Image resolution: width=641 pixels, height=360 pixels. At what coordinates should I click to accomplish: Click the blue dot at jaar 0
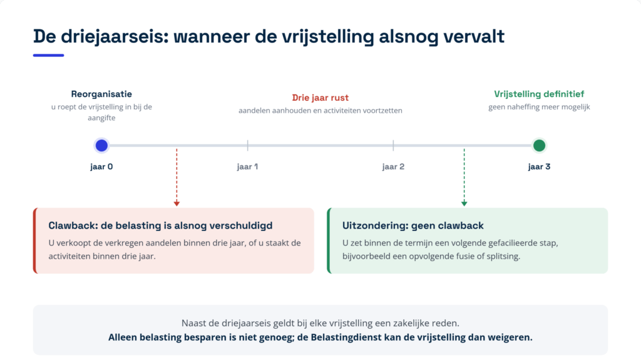(101, 145)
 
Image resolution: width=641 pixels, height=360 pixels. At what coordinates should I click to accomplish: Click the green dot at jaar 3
(539, 145)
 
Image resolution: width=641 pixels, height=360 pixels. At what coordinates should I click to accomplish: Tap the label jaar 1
(247, 167)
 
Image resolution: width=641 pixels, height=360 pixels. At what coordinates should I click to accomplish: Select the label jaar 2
(393, 167)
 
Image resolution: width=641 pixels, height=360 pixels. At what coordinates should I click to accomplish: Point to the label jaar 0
(101, 167)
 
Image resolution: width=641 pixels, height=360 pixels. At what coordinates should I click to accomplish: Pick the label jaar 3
(539, 167)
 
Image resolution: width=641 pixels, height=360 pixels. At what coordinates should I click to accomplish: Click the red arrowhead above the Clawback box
(177, 203)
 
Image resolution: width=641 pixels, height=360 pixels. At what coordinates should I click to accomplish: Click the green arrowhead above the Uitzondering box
(464, 203)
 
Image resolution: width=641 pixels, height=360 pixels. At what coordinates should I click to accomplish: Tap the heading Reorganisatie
(101, 94)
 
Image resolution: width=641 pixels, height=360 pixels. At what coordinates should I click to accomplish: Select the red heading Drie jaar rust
(320, 98)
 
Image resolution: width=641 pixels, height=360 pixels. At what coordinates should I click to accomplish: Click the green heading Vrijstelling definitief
(539, 94)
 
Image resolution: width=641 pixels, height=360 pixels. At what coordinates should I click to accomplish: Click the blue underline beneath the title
(49, 55)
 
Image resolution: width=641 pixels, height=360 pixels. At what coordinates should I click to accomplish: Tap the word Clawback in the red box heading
(73, 225)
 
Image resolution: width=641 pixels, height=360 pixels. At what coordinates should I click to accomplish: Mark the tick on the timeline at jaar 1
(247, 145)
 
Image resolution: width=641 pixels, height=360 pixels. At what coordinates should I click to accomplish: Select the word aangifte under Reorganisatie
(101, 118)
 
